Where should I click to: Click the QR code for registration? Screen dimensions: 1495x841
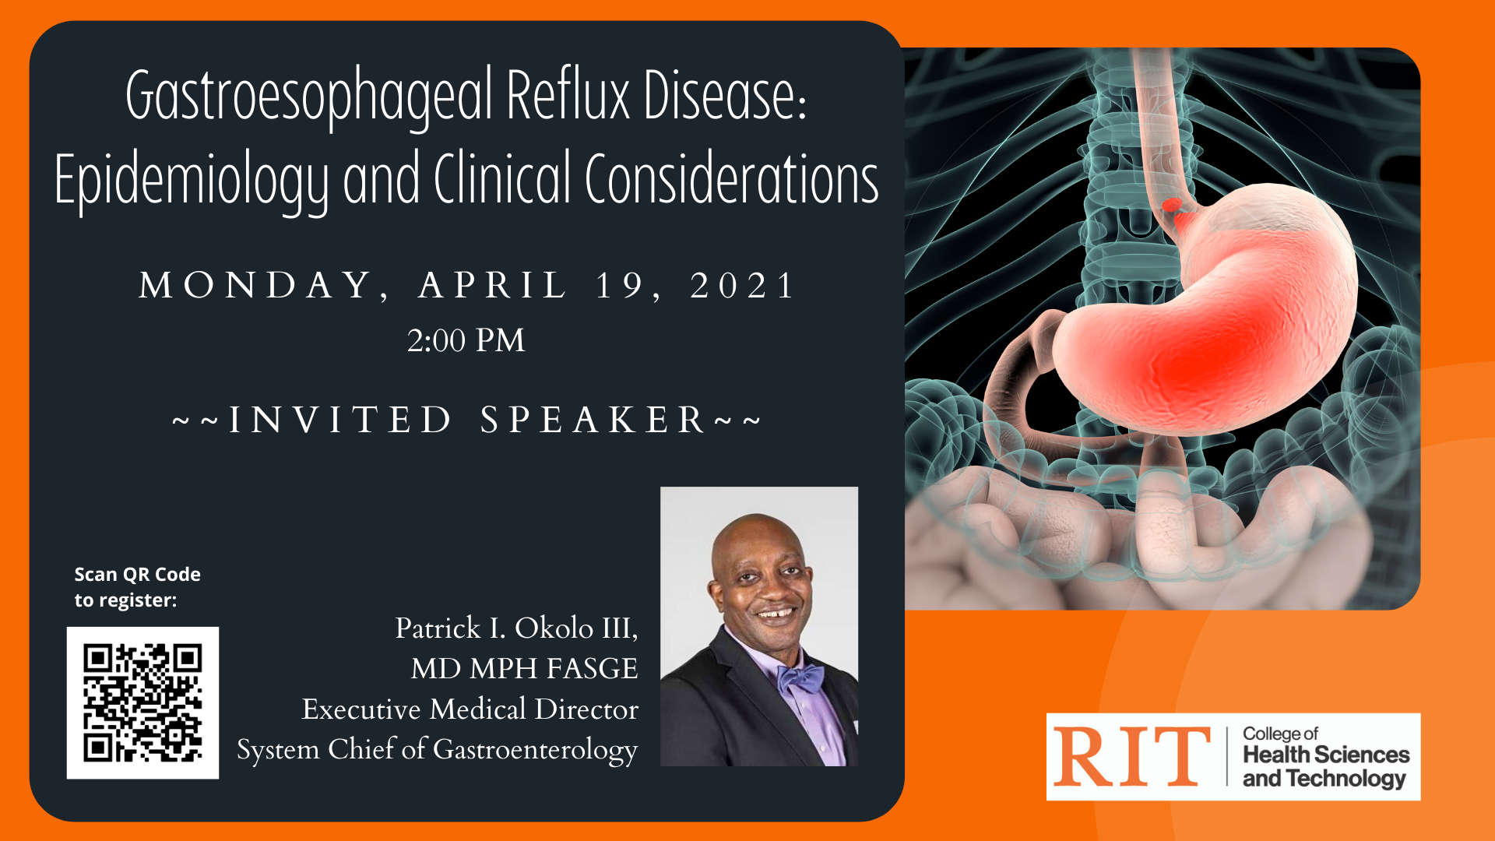click(x=142, y=702)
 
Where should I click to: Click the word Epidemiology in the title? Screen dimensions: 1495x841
click(x=192, y=181)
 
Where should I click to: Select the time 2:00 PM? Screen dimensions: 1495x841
click(x=466, y=340)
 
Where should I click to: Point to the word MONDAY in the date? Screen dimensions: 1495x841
click(x=256, y=285)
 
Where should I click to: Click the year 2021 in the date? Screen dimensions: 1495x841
click(x=742, y=285)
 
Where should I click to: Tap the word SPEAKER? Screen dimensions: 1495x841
click(x=593, y=420)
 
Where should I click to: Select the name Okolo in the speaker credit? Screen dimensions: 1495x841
click(x=554, y=628)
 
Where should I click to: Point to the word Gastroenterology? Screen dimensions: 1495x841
click(x=535, y=750)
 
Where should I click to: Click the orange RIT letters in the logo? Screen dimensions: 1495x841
click(x=1131, y=756)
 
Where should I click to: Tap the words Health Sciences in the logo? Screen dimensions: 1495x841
click(x=1326, y=755)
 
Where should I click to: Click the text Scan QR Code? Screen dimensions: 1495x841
click(x=138, y=575)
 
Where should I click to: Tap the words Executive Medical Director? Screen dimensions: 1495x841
click(x=470, y=709)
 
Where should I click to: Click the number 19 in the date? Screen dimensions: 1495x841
click(x=620, y=285)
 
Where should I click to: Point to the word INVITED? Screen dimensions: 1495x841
click(x=339, y=420)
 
